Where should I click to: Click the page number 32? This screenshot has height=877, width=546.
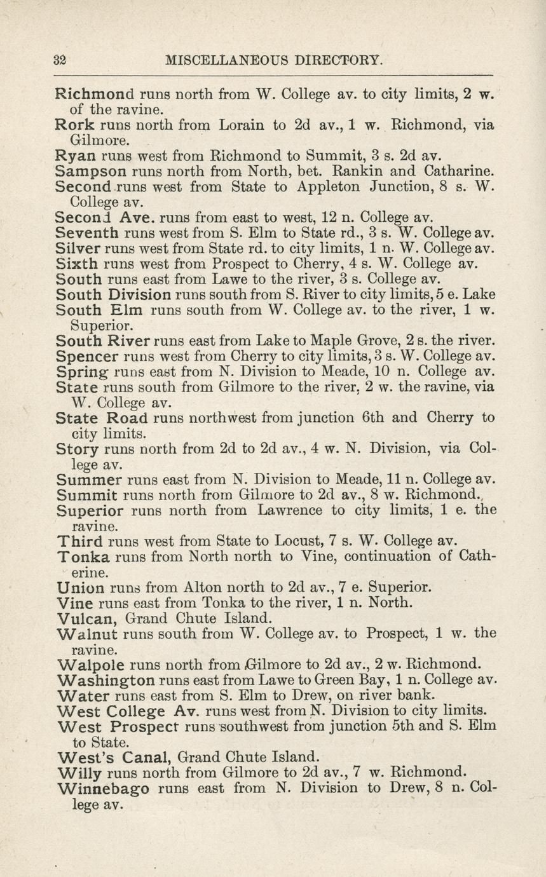(x=60, y=60)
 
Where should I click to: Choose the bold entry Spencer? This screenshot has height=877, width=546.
(x=86, y=356)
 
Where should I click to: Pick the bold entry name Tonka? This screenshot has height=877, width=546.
(x=84, y=557)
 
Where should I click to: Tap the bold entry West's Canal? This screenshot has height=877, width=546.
(x=114, y=757)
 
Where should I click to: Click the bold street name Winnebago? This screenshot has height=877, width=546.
(x=103, y=789)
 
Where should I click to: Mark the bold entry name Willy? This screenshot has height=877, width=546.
(x=79, y=773)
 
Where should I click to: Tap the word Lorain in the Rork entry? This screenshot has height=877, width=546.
(x=243, y=125)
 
